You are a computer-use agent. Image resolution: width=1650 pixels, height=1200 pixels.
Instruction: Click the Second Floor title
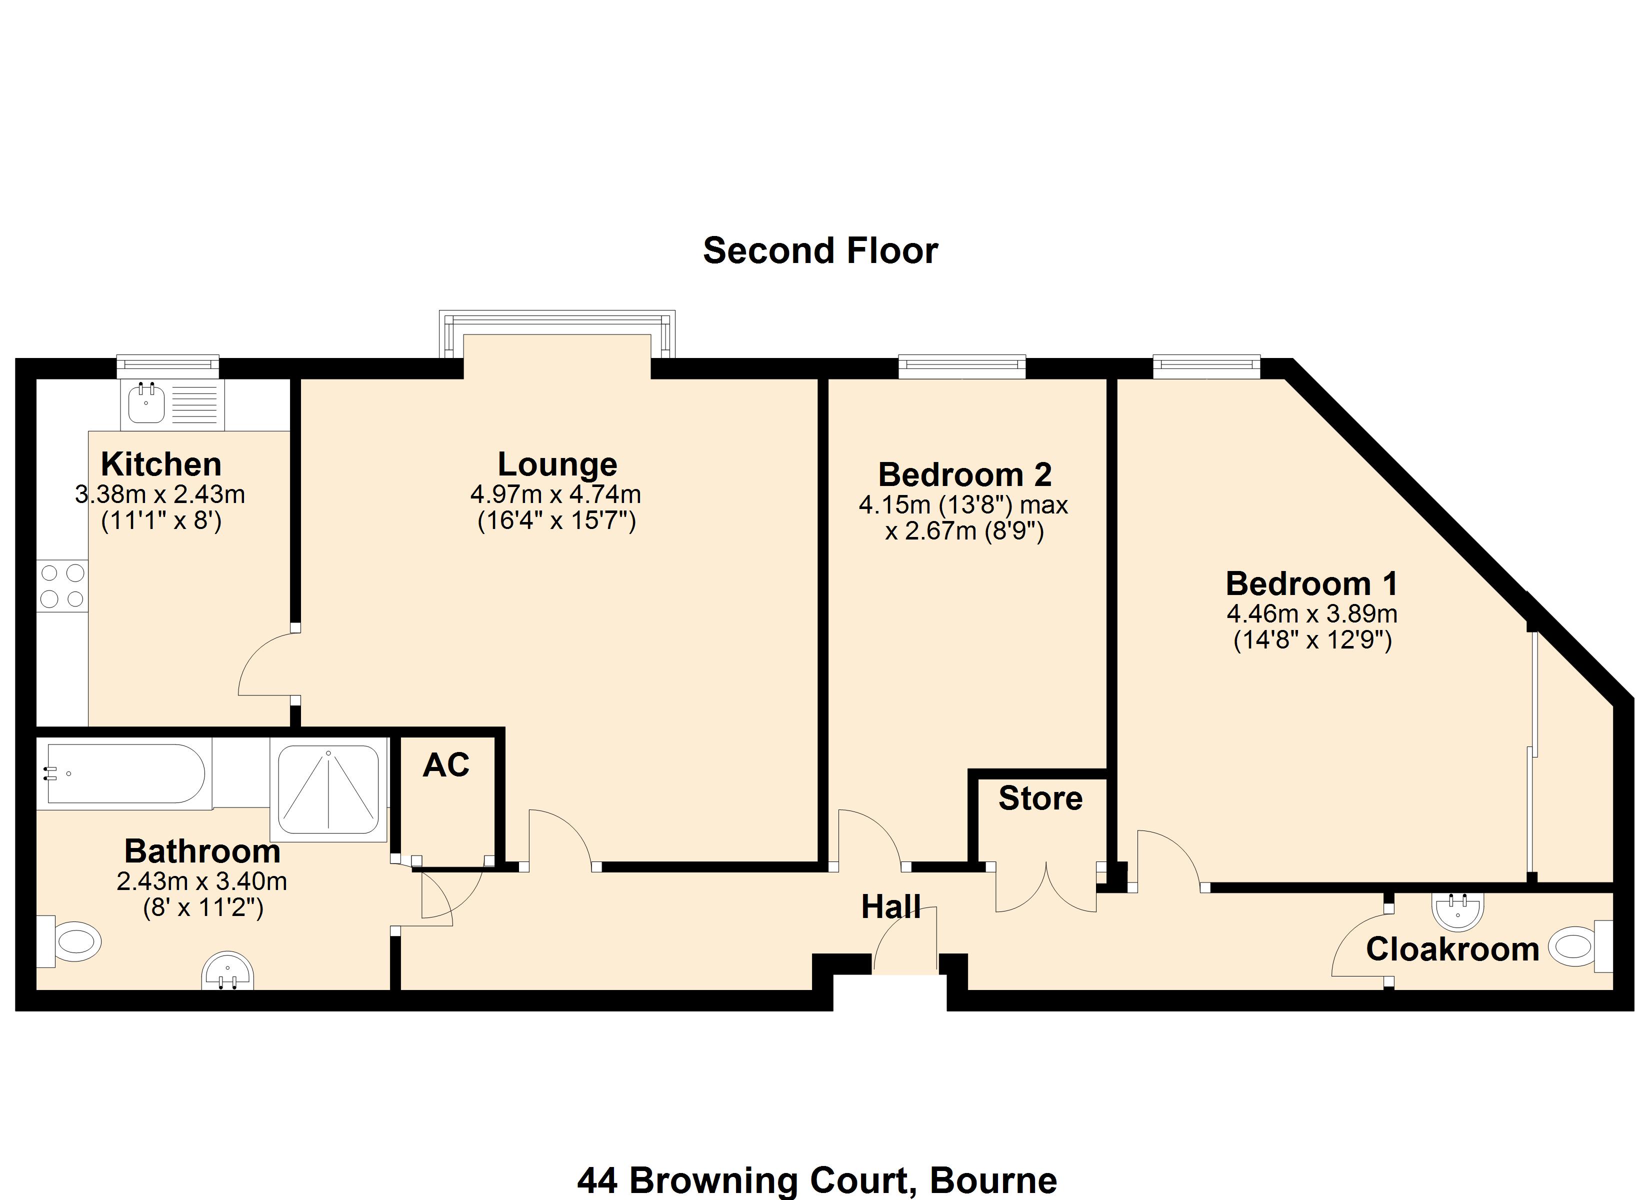click(x=820, y=251)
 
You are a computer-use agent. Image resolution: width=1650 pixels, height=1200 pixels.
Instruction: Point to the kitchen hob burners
click(x=62, y=586)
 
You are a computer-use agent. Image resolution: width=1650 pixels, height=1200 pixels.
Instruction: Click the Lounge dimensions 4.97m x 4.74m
click(x=556, y=495)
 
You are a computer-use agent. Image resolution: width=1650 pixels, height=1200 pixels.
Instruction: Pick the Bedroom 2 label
click(x=964, y=474)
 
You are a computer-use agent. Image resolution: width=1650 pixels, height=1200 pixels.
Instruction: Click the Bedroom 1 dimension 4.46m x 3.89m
click(x=1311, y=613)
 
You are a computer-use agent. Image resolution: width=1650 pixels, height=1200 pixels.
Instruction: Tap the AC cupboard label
click(x=446, y=765)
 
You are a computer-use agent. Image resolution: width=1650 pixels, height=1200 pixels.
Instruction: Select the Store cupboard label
click(x=1040, y=798)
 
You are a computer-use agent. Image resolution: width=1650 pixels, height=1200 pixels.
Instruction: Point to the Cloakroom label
click(x=1452, y=949)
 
